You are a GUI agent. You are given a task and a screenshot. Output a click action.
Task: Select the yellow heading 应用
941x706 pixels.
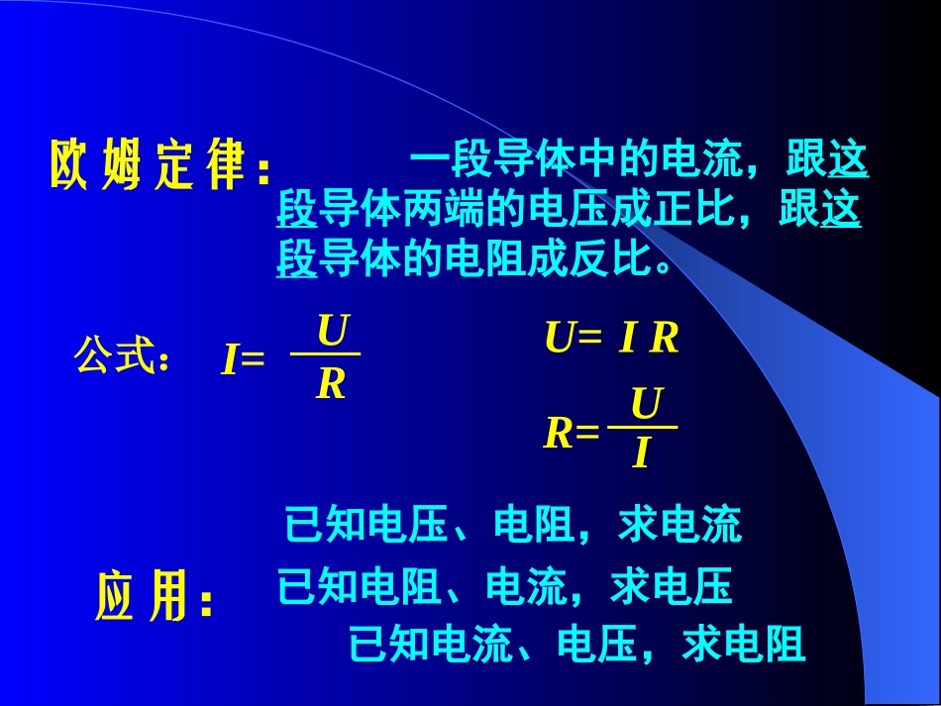[x=154, y=597]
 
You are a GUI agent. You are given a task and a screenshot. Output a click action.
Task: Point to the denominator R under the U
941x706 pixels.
[x=331, y=385]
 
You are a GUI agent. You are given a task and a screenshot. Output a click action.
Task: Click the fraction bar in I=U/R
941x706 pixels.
[x=325, y=354]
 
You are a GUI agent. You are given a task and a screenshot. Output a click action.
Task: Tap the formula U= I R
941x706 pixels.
[x=611, y=339]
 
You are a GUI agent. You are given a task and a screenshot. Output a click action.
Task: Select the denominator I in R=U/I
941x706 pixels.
[x=641, y=454]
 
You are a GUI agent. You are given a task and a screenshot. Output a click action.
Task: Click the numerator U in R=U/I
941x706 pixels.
[x=646, y=405]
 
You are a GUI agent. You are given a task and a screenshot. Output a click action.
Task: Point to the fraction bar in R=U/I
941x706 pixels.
[x=642, y=428]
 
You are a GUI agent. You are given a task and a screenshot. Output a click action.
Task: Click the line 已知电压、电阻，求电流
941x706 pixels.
[x=512, y=525]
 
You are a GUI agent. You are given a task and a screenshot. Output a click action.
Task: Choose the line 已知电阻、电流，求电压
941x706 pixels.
[x=505, y=587]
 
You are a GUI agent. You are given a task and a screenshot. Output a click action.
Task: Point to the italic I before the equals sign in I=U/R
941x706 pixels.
[x=230, y=363]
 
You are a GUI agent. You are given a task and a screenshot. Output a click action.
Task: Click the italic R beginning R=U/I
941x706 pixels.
[x=560, y=434]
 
